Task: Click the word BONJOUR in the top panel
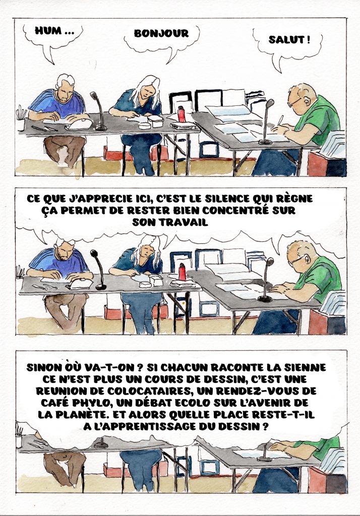tap(161, 33)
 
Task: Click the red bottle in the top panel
tap(181, 114)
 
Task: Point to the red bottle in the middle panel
tap(182, 272)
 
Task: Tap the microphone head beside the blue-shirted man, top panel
tap(94, 96)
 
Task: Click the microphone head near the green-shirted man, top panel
tap(270, 103)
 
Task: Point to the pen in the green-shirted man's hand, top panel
tap(280, 120)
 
